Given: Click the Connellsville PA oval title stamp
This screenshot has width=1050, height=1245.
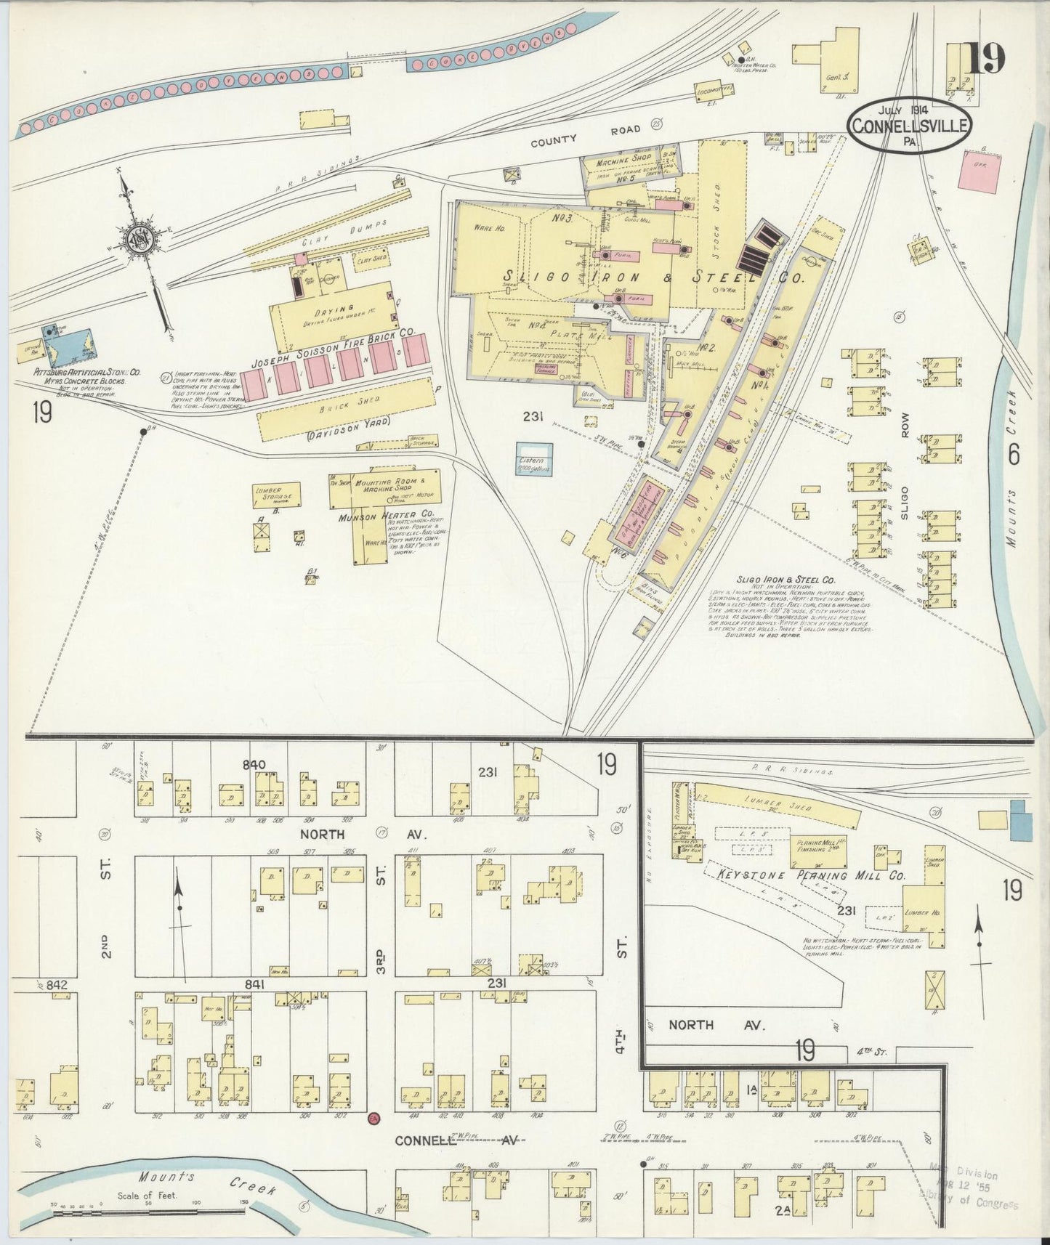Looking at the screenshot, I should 908,125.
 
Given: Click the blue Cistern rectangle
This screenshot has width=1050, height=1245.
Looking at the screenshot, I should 534,458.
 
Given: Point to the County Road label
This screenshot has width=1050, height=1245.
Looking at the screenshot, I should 585,134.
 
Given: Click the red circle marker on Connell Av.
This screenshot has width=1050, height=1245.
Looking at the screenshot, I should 373,1119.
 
